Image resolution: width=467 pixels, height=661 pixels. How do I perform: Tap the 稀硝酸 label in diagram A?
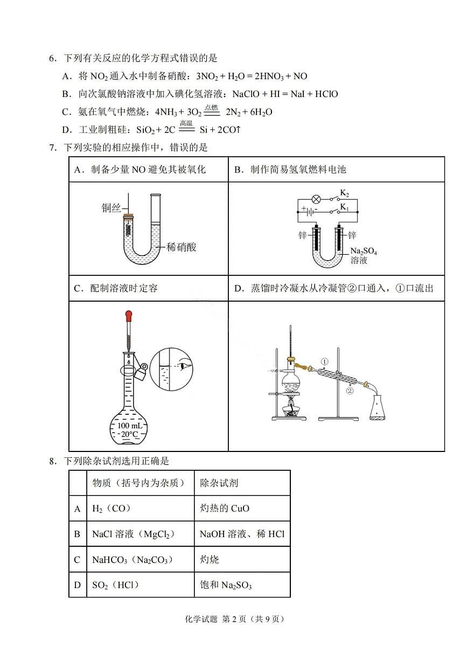(x=182, y=247)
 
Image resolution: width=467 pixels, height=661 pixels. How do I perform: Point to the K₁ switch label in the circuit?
(x=345, y=207)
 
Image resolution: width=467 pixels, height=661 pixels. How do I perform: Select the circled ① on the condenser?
(x=324, y=361)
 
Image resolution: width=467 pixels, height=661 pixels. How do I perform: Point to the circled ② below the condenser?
(x=349, y=391)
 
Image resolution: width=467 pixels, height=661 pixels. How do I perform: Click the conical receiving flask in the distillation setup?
(x=378, y=408)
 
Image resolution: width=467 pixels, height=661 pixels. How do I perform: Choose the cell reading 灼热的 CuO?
(x=225, y=508)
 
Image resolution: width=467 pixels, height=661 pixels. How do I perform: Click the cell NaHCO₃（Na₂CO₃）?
(x=133, y=560)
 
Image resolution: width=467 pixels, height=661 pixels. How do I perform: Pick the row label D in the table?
(x=78, y=585)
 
